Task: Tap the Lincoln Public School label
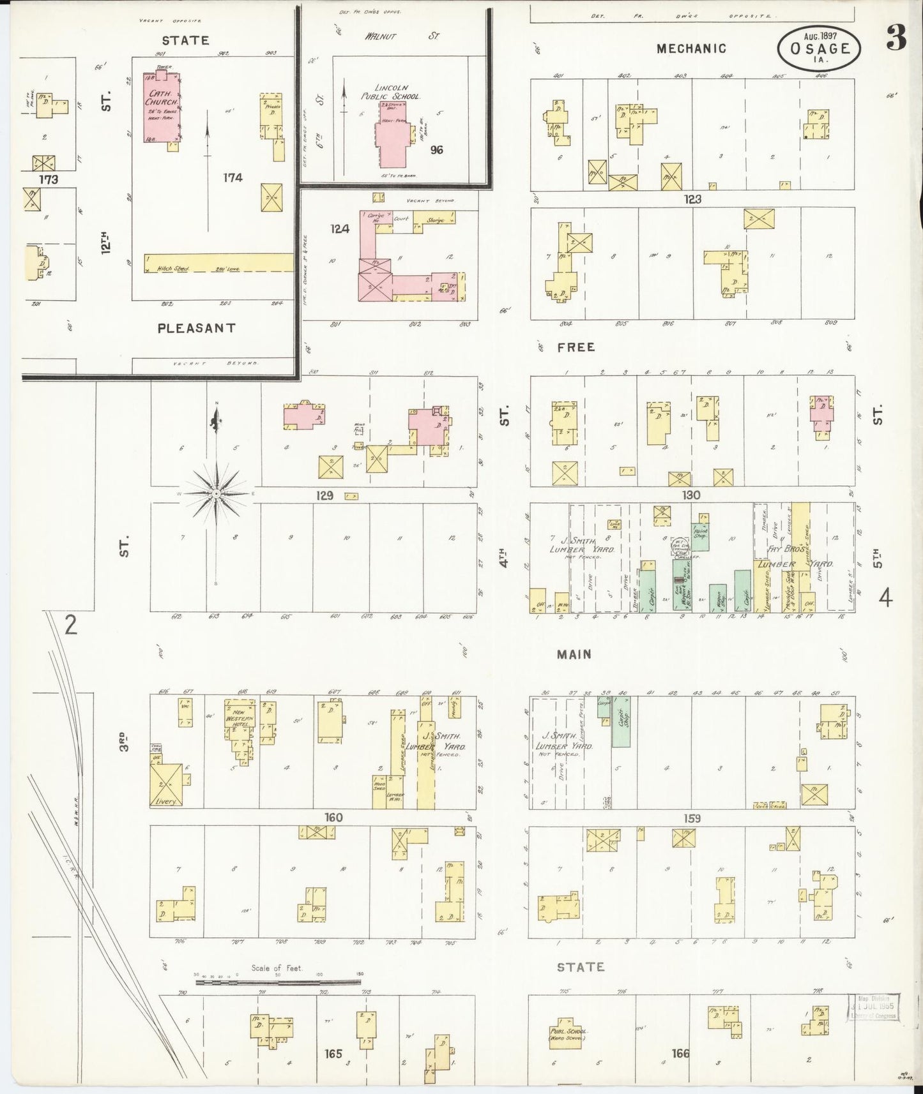pos(397,92)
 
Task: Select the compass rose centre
pos(216,494)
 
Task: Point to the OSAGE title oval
pos(820,49)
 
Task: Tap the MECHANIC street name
pos(692,48)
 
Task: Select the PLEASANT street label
pos(197,328)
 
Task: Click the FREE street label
pos(576,347)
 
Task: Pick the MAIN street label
pos(574,654)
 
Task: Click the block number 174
pos(233,177)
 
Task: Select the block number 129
pos(325,495)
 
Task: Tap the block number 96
pos(437,150)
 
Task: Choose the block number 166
pos(680,1053)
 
